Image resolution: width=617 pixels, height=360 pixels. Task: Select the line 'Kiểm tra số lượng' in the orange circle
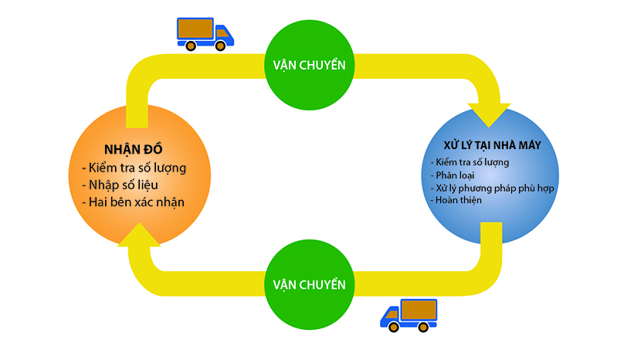coord(133,167)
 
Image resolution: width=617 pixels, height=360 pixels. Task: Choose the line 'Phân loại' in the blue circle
coord(453,175)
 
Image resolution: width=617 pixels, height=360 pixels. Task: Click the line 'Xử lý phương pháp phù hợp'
coord(491,188)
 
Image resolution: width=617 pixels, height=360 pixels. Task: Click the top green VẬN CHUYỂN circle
coord(309,64)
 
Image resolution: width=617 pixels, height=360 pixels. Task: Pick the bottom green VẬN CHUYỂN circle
coord(309,284)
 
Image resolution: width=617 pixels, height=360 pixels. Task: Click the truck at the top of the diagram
coord(205,33)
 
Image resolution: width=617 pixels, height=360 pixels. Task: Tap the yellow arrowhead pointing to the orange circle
coord(138,233)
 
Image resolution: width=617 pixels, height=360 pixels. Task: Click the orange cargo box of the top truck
coord(196,29)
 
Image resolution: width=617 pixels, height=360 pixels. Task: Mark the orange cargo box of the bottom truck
coord(418,310)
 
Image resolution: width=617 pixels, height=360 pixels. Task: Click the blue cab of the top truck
coord(223,34)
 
